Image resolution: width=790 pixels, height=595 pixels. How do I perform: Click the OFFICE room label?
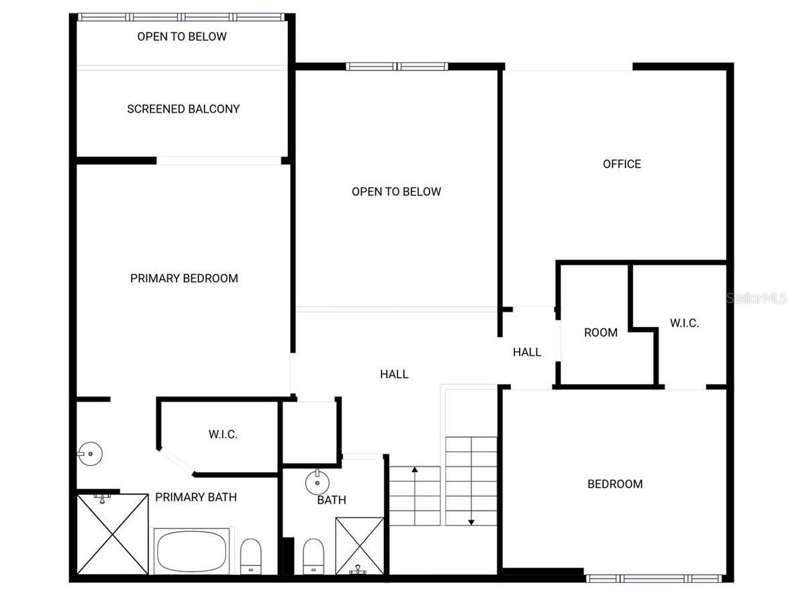622,164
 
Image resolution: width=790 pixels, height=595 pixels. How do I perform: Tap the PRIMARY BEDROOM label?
184,278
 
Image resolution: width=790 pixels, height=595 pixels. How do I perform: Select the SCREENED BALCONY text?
183,109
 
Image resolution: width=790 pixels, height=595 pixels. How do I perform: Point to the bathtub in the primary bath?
193,549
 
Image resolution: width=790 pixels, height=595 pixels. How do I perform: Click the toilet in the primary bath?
251,555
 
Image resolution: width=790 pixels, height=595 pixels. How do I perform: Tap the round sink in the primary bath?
88,454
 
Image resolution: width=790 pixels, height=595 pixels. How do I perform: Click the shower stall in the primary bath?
112,534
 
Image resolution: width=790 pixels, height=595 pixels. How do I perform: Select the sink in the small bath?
317,482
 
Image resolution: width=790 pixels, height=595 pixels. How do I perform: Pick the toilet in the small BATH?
313,556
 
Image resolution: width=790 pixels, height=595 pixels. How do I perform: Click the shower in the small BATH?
360,545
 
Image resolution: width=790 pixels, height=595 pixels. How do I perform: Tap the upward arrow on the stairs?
415,470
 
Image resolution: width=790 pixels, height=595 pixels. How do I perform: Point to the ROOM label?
601,332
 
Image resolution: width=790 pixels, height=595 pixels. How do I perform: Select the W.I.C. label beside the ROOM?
684,323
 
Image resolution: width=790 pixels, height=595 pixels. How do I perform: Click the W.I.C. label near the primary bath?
223,434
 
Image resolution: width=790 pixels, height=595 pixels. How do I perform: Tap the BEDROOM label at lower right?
615,484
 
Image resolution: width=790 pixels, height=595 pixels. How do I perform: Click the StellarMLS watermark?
756,297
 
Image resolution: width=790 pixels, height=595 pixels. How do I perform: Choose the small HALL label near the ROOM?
527,352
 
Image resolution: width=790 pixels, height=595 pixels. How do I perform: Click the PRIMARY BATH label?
196,497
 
